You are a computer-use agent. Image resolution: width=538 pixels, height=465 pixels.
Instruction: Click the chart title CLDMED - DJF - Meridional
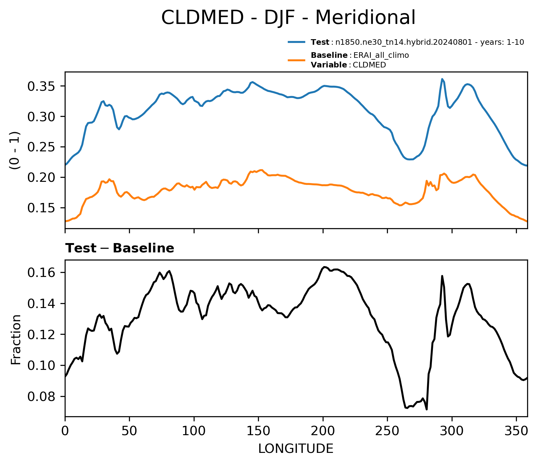[x=288, y=17]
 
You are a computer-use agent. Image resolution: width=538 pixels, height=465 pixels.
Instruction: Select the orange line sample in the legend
[x=297, y=60]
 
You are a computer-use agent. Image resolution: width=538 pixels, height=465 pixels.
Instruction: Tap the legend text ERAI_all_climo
[x=381, y=55]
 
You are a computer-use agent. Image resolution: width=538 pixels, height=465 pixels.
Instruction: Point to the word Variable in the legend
[x=329, y=65]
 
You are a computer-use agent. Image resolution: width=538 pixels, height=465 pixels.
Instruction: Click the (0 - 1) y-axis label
[x=15, y=150]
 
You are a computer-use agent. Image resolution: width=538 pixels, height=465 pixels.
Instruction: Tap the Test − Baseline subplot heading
[x=120, y=248]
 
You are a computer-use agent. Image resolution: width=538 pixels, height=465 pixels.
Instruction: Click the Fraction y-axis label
[x=16, y=339]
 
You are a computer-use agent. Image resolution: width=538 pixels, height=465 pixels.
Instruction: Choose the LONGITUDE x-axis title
[x=296, y=449]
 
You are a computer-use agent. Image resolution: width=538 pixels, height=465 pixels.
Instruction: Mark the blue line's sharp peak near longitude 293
[x=442, y=79]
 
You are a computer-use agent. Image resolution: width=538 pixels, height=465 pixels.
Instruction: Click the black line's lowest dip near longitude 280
[x=427, y=409]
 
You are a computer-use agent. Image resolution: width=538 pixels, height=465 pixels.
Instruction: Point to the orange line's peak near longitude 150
[x=261, y=170]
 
